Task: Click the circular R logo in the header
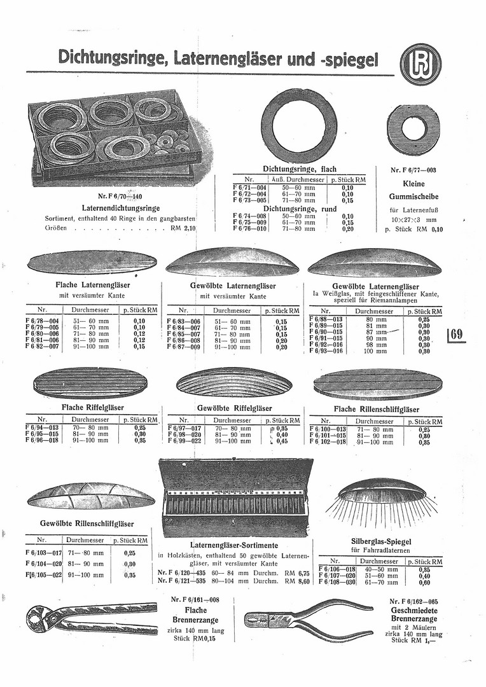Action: pos(421,65)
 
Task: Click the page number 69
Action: pos(457,334)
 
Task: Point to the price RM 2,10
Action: pos(184,227)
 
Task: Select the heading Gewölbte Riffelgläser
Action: pos(234,408)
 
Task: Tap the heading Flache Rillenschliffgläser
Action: pos(377,409)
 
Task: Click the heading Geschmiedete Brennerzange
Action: pos(415,614)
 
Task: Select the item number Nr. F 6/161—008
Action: pos(195,600)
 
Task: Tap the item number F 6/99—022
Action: pos(184,441)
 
